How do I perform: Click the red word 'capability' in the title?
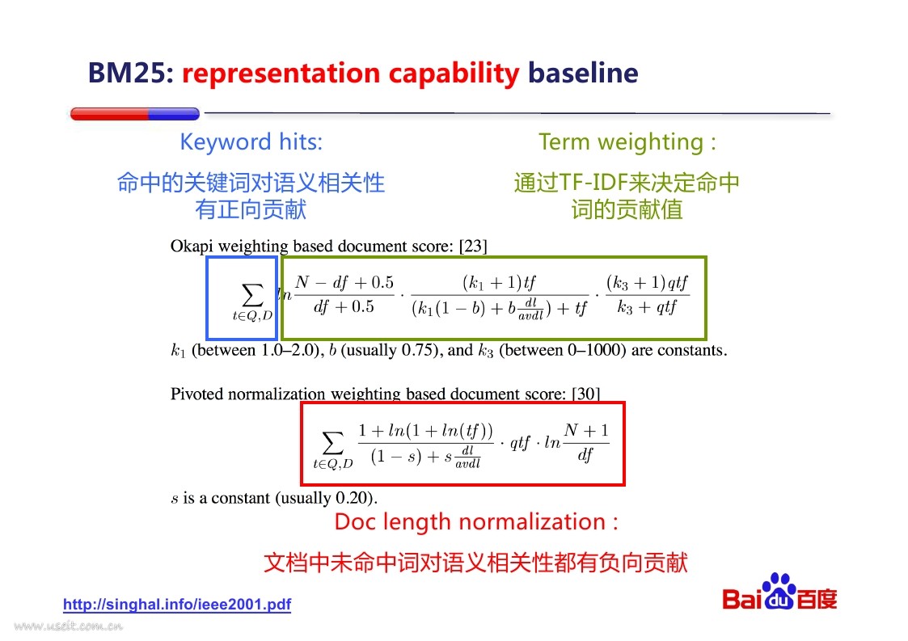[x=454, y=74]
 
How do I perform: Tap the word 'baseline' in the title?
[x=583, y=73]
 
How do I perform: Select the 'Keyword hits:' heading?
[x=251, y=142]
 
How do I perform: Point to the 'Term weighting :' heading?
[x=627, y=142]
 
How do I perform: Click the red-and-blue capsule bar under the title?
[x=135, y=113]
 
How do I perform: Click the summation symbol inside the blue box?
[x=252, y=295]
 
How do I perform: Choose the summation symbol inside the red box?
[x=333, y=443]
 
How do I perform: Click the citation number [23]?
[x=473, y=246]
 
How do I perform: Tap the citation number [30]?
[x=585, y=394]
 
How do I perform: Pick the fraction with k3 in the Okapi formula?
[x=648, y=295]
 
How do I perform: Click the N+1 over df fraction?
[x=586, y=442]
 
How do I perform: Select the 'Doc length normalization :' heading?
[x=476, y=522]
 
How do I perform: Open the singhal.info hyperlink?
[x=177, y=605]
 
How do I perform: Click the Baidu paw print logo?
[x=779, y=591]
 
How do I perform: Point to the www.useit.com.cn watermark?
[x=69, y=626]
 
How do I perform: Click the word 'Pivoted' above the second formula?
[x=197, y=394]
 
